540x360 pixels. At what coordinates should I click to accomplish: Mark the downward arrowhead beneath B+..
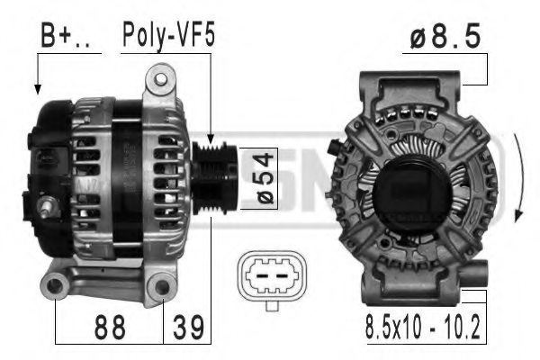coord(38,89)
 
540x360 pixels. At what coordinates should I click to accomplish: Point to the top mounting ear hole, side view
coord(163,83)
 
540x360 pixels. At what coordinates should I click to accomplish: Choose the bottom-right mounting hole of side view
coord(163,288)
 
